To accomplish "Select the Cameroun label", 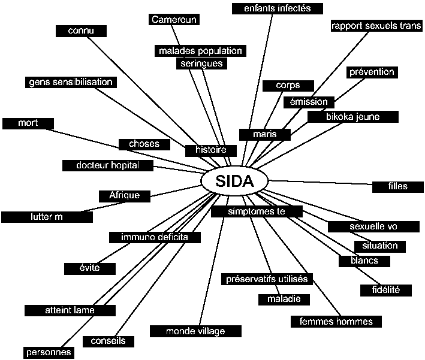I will [174, 19].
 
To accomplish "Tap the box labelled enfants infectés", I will [278, 8].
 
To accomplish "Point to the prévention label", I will [372, 72].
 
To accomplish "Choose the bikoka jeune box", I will [353, 116].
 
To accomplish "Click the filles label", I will [398, 186].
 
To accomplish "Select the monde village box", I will [195, 331].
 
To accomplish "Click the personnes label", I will [49, 352].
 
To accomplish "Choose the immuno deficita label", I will [155, 237].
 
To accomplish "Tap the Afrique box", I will [124, 195].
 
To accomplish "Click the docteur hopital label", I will [108, 165].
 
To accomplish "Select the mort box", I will [28, 123].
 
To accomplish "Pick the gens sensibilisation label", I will [71, 82].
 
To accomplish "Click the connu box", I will [82, 30].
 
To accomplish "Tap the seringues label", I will [201, 63].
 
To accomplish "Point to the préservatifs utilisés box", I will [267, 279].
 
